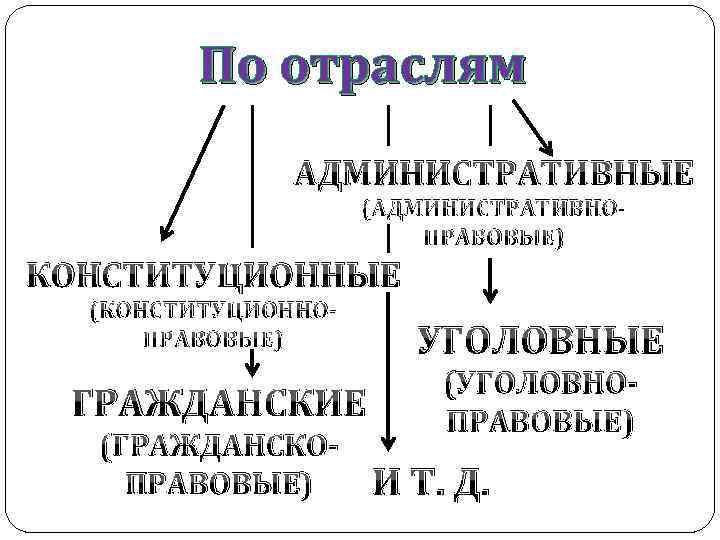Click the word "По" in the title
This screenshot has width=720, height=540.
click(x=235, y=67)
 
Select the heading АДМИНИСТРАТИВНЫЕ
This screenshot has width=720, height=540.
click(x=493, y=174)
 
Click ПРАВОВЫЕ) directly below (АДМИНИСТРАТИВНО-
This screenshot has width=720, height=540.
click(x=494, y=238)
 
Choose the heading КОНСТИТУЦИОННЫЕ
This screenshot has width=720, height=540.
click(x=212, y=274)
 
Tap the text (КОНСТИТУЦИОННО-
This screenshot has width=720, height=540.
click(x=211, y=311)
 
